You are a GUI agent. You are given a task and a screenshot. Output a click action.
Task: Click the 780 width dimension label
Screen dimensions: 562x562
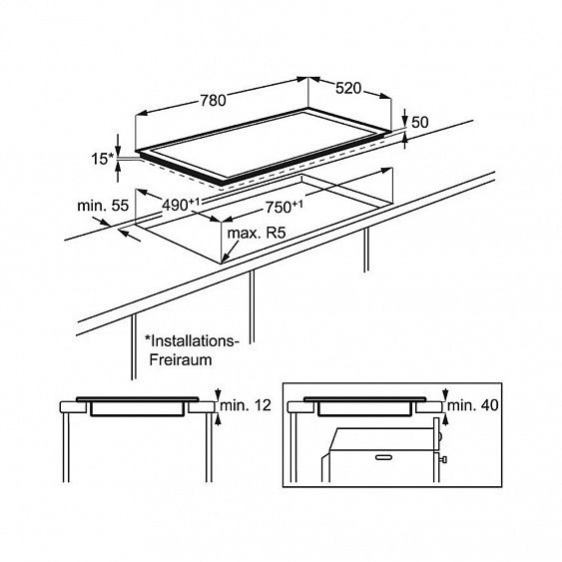point(213,101)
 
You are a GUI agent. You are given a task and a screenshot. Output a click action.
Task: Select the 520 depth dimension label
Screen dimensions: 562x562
point(348,88)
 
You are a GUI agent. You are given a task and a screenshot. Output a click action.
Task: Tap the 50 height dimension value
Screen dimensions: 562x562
point(419,123)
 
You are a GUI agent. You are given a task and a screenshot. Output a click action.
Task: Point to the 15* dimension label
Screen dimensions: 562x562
point(102,159)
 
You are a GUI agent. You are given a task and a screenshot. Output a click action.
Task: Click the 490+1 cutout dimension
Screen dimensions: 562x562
point(181,205)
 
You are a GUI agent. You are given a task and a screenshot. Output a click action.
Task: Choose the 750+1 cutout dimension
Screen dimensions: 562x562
point(283,207)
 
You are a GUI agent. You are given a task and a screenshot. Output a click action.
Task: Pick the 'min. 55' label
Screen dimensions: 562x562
point(103,206)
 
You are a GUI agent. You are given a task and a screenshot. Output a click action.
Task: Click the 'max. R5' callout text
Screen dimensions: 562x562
point(257,234)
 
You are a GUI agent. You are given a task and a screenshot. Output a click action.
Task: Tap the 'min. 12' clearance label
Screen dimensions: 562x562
point(246,405)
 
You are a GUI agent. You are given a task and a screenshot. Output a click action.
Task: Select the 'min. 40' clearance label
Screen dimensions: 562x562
point(473,405)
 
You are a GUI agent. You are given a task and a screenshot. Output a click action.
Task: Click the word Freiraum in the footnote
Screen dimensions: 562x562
point(181,359)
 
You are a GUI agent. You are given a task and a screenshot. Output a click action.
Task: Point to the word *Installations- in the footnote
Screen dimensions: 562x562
point(192,341)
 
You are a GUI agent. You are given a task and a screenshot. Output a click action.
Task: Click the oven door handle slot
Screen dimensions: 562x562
point(385,457)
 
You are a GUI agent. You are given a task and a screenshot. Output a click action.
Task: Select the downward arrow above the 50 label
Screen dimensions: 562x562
point(404,118)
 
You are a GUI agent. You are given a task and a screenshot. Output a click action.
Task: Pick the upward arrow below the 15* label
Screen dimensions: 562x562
point(118,172)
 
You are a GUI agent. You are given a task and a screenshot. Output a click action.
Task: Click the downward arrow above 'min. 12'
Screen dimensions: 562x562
point(219,394)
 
